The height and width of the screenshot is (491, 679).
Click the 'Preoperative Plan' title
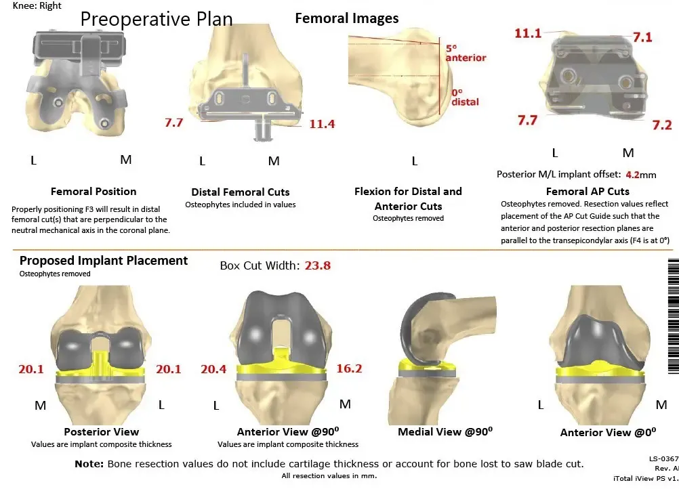(x=156, y=19)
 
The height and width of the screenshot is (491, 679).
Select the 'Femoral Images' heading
(x=346, y=18)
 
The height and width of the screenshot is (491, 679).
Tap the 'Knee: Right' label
(x=37, y=5)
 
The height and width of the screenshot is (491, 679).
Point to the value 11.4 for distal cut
(x=322, y=124)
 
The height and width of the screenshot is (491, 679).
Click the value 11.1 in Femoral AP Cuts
(x=528, y=33)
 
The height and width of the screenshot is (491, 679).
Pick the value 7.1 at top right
(x=642, y=37)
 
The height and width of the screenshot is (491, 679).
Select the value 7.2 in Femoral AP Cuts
(x=661, y=125)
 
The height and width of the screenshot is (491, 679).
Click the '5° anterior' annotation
(x=466, y=54)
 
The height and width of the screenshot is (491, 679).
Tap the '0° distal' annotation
(x=465, y=97)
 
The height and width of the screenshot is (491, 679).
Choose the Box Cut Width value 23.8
(x=317, y=265)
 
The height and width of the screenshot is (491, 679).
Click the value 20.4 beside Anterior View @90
(x=213, y=368)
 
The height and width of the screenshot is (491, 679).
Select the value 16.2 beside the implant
(x=349, y=368)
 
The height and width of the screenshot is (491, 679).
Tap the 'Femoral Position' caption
(x=94, y=192)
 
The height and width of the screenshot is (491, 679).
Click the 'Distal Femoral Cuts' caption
(x=241, y=192)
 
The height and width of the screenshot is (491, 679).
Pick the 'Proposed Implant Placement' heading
(x=104, y=261)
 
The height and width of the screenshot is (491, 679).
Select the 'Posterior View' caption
(x=101, y=432)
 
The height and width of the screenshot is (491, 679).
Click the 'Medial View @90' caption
(x=445, y=432)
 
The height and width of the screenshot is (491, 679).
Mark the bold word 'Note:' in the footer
(x=89, y=464)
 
